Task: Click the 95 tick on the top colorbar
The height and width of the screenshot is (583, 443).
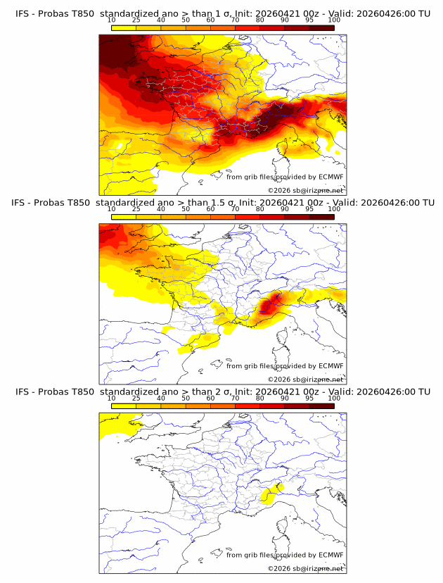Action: pos(309,20)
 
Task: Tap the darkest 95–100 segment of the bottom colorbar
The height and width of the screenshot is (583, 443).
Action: pos(321,406)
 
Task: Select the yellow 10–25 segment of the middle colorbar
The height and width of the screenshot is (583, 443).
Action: pos(124,217)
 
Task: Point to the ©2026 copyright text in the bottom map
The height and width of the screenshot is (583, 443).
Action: pos(278,568)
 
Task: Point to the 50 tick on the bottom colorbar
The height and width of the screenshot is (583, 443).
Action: pos(186,399)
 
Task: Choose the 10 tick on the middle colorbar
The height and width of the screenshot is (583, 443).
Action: pos(111,209)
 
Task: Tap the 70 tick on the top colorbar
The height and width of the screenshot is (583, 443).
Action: pos(235,20)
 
